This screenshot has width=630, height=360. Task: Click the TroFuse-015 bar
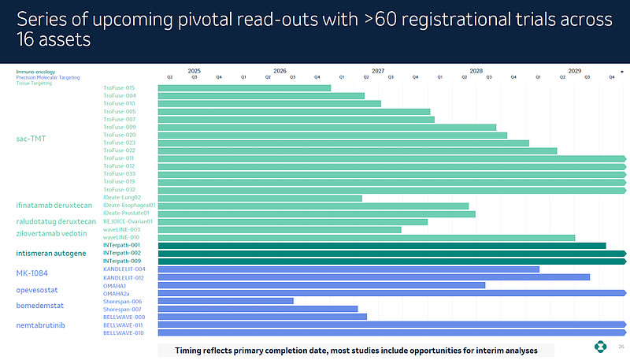coord(244,87)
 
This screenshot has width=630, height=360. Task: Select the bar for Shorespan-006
coord(225,301)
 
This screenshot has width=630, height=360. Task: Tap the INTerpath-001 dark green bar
coord(382,245)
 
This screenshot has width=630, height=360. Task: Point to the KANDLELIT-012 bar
coord(373,277)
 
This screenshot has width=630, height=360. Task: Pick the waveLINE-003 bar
coord(280,229)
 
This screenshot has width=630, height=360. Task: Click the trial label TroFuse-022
coord(120,150)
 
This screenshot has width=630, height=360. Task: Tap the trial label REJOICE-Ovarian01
coord(127,221)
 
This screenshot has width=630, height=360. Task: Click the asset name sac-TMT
coord(31,139)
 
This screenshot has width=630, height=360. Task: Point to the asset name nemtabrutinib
coord(41,325)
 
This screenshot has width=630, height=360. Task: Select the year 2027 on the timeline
coord(378,71)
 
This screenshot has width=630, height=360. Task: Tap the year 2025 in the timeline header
coord(195,71)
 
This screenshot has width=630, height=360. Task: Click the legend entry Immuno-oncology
coord(35,72)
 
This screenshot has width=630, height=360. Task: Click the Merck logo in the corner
coord(601,347)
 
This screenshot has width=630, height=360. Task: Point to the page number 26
coord(621,347)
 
